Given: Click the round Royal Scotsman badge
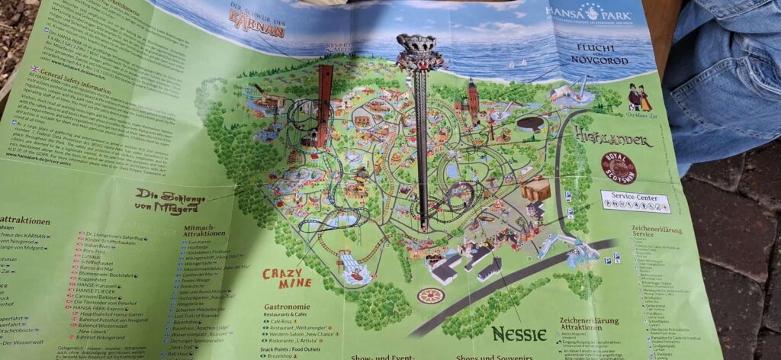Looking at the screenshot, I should pos(618,169).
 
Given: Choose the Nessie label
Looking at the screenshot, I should pos(519,333).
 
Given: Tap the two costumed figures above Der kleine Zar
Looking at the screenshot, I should pos(635,96).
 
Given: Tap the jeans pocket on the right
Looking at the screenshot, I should pos(732,76).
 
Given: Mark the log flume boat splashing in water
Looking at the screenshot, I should pos(353,266).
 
